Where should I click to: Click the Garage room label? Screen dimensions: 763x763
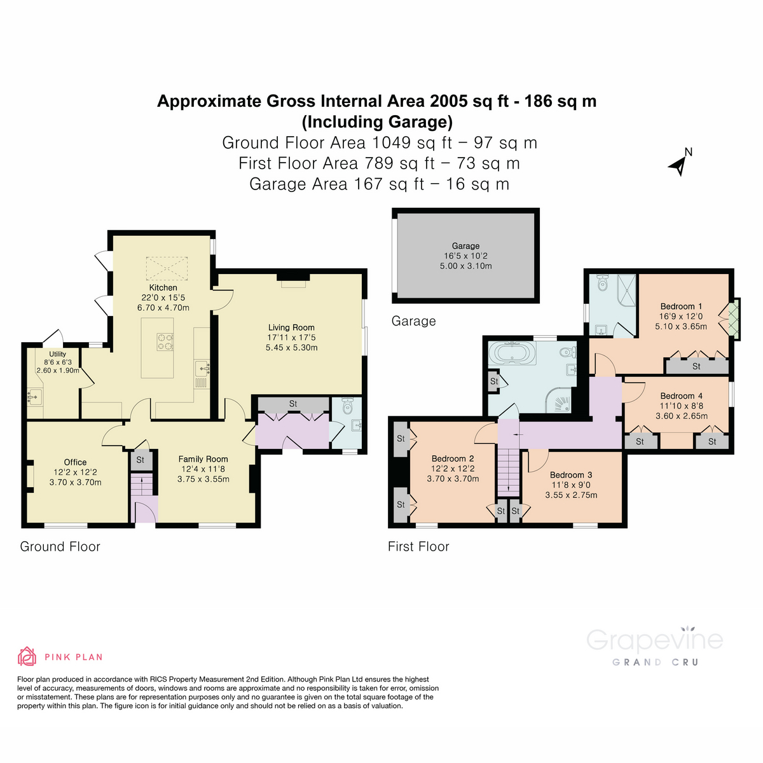465,246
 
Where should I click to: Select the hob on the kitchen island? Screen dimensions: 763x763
165,342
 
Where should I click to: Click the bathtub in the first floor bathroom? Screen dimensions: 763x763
516,353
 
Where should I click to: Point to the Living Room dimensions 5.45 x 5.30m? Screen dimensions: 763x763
291,348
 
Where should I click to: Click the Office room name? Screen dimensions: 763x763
75,462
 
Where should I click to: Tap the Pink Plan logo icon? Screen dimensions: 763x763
27,656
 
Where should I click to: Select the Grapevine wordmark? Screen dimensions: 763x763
654,640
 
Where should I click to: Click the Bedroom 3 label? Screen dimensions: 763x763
571,475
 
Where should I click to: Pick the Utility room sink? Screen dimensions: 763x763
33,398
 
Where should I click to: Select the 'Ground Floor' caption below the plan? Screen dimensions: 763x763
60,547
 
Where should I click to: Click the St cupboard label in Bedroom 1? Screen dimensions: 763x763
696,366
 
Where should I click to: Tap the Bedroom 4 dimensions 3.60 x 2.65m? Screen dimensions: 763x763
681,416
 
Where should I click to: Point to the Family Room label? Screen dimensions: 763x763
203,459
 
